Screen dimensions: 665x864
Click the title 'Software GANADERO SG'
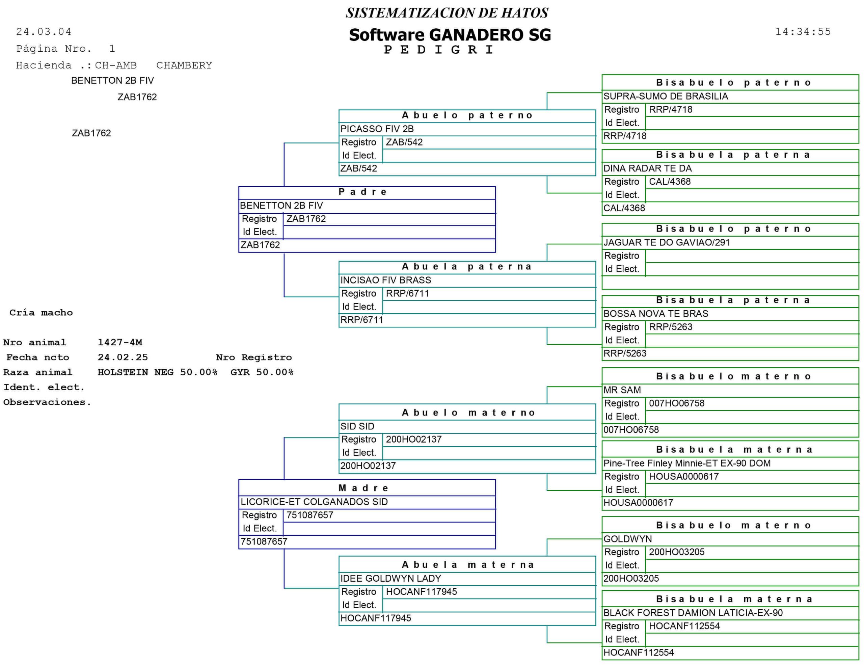[450, 35]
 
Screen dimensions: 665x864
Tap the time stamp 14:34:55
[803, 32]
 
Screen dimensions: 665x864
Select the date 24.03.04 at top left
[44, 32]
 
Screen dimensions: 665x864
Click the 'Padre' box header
[363, 192]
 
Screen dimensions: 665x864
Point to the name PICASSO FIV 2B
[377, 129]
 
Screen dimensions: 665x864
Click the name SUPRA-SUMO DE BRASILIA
[666, 96]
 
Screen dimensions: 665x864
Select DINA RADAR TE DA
[647, 168]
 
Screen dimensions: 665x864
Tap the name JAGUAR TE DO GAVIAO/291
[666, 242]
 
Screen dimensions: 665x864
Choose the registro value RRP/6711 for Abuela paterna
[407, 294]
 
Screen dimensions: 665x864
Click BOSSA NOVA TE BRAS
[655, 314]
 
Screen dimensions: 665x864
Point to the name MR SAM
[622, 390]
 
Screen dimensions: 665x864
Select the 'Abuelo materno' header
[468, 413]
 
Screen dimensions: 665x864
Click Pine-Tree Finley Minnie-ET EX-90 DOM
[687, 463]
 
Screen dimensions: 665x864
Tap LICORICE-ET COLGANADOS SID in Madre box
[314, 502]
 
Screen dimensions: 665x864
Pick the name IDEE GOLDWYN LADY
[390, 578]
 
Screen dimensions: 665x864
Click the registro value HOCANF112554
[684, 626]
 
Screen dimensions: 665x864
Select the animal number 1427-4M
[120, 342]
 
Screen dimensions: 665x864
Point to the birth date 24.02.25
[123, 357]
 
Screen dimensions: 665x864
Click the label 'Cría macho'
[41, 313]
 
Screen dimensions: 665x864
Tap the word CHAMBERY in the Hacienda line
[184, 65]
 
